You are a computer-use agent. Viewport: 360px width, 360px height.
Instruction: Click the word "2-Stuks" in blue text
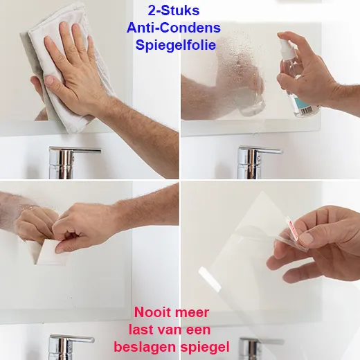tap(174, 11)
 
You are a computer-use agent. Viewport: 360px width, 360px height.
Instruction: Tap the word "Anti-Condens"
tap(174, 28)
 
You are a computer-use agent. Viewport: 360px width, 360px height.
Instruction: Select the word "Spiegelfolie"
tap(176, 45)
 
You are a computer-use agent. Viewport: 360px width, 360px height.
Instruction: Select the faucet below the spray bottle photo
tap(256, 163)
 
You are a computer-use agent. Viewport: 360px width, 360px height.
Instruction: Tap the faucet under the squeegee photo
tap(67, 347)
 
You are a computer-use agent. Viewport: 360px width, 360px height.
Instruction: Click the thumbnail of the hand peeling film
tap(306, 238)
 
